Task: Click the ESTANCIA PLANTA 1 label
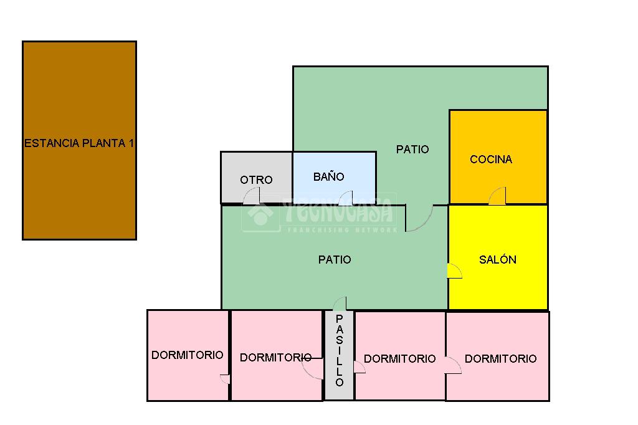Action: point(79,143)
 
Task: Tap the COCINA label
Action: point(491,160)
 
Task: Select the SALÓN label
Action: point(498,260)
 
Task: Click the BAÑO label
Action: point(328,177)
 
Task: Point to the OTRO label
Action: point(256,180)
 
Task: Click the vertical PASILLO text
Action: point(340,351)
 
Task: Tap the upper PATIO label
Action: point(412,150)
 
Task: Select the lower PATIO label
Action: point(335,260)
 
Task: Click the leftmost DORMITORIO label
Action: point(187,355)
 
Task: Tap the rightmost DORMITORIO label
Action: point(500,359)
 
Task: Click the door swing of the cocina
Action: point(497,196)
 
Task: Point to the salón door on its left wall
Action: point(454,271)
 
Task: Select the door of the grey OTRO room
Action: point(252,196)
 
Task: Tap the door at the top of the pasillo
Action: point(340,304)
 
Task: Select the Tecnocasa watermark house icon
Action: point(260,213)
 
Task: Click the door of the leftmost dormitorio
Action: point(225,379)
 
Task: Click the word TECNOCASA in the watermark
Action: point(340,211)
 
